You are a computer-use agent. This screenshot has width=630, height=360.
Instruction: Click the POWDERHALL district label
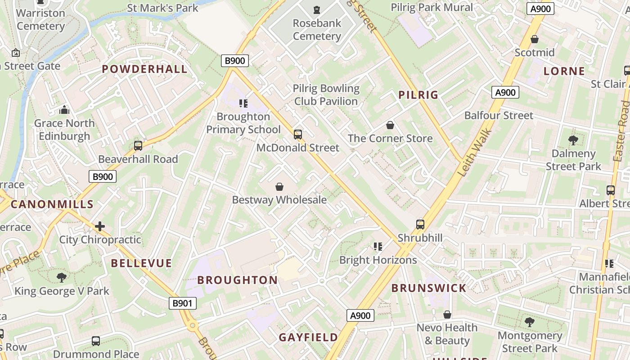[144, 69]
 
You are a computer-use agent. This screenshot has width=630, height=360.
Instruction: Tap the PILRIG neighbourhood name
[418, 94]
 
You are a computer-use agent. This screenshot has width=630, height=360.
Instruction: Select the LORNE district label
[564, 71]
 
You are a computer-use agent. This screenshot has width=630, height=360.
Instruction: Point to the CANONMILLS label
[52, 204]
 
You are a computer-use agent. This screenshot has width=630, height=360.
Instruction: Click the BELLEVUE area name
[141, 263]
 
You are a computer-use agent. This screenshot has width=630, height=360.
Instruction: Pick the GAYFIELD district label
[308, 337]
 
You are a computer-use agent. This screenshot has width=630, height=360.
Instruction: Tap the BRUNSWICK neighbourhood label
[429, 288]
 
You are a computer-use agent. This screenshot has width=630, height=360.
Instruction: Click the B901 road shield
[183, 303]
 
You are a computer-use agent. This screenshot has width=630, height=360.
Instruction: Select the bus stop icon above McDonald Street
[297, 134]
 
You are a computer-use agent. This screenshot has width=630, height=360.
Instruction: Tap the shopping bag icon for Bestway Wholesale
[279, 187]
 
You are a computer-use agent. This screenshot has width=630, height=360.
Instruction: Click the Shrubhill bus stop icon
[420, 224]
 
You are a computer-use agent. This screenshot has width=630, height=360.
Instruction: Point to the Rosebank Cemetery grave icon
[317, 9]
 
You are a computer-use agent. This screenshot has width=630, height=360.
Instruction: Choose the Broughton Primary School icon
[243, 103]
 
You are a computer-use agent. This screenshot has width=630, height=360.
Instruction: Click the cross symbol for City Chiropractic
[100, 226]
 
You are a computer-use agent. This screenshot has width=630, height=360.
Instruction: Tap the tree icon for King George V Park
[62, 278]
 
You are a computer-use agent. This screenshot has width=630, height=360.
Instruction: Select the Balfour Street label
[499, 116]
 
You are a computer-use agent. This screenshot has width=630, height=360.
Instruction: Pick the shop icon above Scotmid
[535, 40]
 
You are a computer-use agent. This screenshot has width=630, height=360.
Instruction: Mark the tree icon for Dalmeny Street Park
[573, 140]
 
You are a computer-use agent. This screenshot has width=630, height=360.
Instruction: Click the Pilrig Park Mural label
[432, 7]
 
